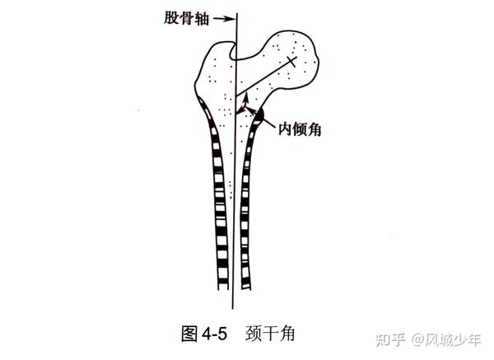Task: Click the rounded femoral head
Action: point(295,58)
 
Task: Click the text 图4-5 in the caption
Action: point(202,334)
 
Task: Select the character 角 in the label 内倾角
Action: point(314,129)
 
